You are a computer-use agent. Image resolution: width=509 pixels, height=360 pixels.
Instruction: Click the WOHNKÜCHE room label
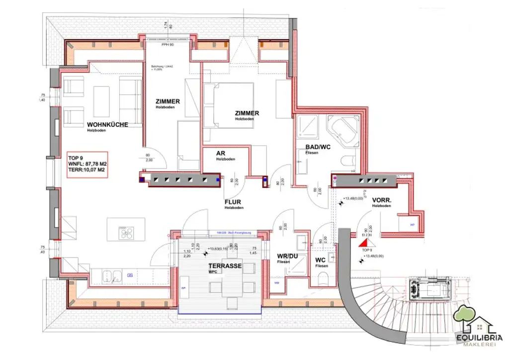pos(107,125)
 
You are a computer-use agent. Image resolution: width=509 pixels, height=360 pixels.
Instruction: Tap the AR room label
pos(222,153)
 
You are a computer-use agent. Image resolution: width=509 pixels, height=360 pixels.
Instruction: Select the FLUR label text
pos(233,202)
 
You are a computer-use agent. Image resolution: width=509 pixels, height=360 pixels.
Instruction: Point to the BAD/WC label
pos(318,147)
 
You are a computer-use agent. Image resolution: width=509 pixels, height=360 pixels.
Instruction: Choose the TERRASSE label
pos(225,266)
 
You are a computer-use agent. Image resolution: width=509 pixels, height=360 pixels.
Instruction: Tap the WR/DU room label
pos(287,256)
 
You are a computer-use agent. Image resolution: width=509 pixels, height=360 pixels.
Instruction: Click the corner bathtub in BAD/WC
pos(342,131)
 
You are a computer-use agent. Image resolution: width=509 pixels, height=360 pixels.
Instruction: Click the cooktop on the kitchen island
pos(126,232)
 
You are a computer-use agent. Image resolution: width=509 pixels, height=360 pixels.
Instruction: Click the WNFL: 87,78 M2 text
pos(87,163)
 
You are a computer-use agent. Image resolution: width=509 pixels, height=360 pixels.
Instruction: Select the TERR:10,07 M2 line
pos(86,170)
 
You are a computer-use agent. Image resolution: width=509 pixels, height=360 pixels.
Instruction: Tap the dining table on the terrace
pos(231,279)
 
